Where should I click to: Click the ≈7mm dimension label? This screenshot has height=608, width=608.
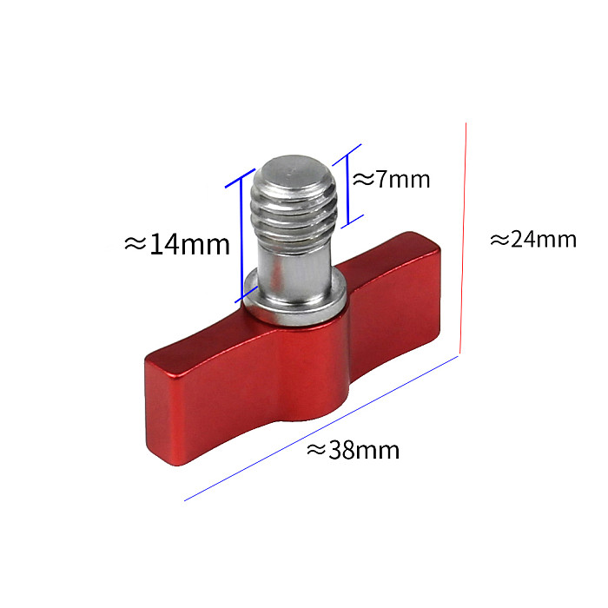point(392,180)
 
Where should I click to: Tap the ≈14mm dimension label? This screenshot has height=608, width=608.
point(177,244)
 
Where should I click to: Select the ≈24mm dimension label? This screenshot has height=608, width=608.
point(533,239)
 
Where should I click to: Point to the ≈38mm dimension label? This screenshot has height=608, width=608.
point(353,450)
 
